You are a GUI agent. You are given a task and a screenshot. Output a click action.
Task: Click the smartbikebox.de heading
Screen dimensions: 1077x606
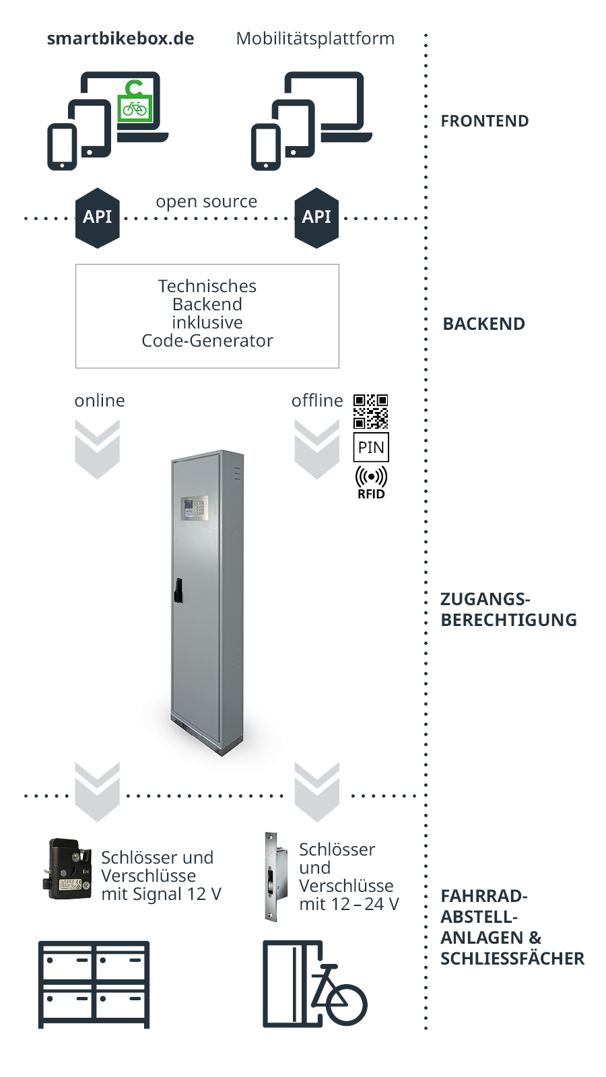[121, 39]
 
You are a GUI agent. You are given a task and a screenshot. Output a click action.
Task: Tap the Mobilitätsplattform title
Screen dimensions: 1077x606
[315, 39]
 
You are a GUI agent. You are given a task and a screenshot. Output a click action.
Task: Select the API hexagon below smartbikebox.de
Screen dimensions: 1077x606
[98, 217]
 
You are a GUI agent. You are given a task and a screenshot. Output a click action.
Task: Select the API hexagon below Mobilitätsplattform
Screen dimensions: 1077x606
[316, 217]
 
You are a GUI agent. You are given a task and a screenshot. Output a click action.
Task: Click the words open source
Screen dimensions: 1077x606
[206, 201]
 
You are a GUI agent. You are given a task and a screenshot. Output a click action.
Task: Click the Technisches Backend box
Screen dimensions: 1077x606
[207, 316]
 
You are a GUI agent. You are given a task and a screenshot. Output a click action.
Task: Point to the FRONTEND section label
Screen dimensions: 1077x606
[485, 121]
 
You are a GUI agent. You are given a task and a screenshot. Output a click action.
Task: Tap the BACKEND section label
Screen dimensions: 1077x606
[483, 324]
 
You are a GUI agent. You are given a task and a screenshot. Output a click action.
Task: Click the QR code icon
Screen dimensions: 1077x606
[371, 411]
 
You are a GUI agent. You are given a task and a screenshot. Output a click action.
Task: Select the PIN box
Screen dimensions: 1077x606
[371, 448]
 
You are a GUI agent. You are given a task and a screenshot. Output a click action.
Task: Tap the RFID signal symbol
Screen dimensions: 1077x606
[371, 477]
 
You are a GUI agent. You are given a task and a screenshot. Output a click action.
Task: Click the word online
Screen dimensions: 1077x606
[100, 401]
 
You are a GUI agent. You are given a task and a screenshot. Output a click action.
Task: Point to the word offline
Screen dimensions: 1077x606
[317, 401]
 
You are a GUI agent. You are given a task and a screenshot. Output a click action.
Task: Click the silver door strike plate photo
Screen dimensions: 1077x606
[271, 876]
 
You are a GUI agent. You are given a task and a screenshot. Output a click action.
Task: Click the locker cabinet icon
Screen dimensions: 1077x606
[94, 984]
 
